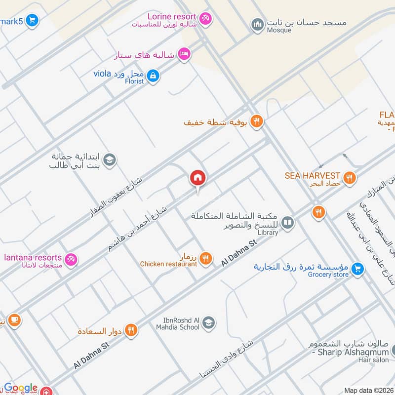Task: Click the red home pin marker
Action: tap(197, 178)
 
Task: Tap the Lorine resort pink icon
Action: tap(206, 18)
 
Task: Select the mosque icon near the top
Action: tap(257, 24)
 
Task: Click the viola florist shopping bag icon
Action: tap(153, 76)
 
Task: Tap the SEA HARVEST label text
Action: tap(313, 175)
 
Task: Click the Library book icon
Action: tap(288, 223)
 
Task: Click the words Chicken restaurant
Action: tap(168, 264)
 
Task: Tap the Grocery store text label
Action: tap(328, 275)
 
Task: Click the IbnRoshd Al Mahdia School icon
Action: tap(208, 322)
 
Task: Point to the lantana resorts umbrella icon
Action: tap(71, 259)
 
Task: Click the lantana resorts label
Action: tap(33, 257)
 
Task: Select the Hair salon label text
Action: tap(374, 360)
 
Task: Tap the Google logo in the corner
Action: tap(21, 388)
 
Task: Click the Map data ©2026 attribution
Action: tap(368, 391)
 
